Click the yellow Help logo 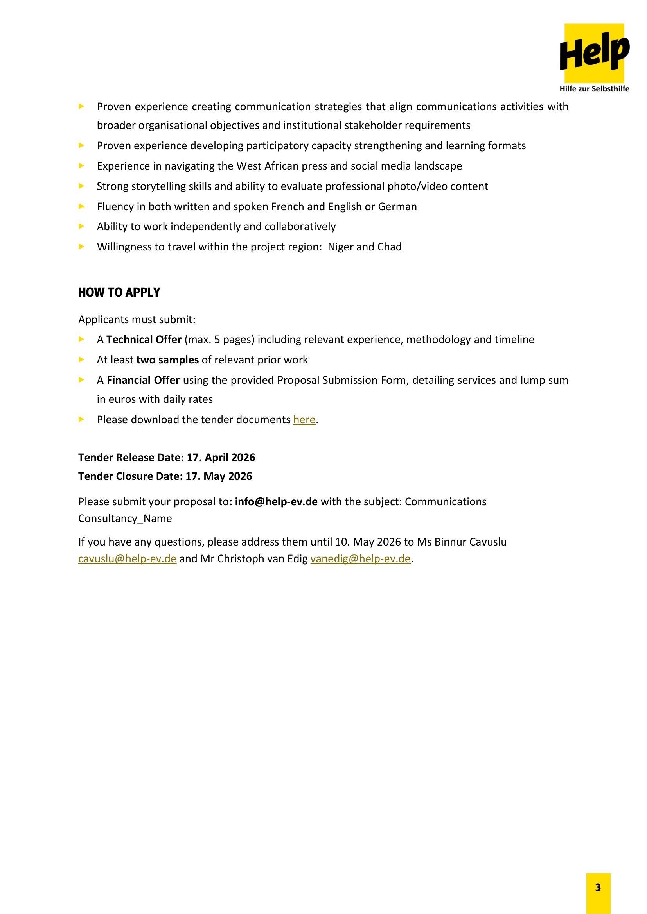(594, 52)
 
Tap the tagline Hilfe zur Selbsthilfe (594, 89)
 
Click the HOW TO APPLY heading (119, 292)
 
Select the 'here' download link (304, 420)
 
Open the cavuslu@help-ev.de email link (127, 558)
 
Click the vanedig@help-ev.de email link (360, 558)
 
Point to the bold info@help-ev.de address (276, 502)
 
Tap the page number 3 (598, 887)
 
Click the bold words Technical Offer (144, 340)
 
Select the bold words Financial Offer (143, 380)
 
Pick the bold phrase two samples (167, 360)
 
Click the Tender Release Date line (167, 458)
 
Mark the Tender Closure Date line (165, 476)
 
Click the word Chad (389, 247)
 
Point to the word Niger (340, 247)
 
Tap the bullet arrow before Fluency (82, 206)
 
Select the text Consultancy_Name (125, 518)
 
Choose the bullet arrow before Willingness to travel (82, 247)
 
